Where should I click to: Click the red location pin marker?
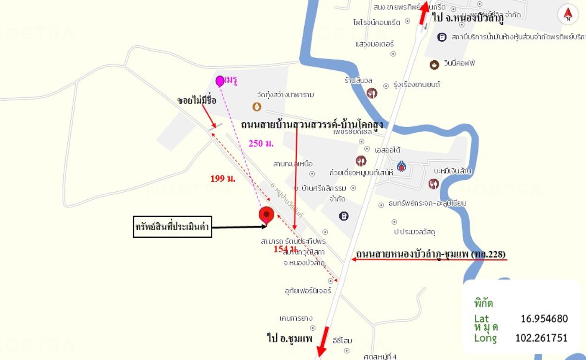point(266,214)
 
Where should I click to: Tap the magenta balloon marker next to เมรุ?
point(220,81)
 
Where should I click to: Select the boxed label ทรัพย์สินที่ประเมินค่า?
point(172,227)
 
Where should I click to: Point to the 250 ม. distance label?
point(261,144)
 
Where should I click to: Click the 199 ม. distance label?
point(223,178)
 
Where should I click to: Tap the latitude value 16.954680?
point(544,319)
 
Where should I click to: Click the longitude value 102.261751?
point(541,338)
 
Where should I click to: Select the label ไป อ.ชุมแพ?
point(289,337)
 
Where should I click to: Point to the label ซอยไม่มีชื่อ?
point(197,100)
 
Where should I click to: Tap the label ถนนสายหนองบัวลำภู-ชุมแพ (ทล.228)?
point(431,254)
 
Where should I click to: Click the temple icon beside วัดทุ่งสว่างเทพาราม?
point(257,107)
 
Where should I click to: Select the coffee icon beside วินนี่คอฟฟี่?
point(434,64)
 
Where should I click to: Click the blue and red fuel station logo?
point(401,166)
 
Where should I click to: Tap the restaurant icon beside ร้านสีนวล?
point(372,93)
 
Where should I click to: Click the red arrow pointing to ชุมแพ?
point(323,341)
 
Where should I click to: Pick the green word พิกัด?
point(483,303)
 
